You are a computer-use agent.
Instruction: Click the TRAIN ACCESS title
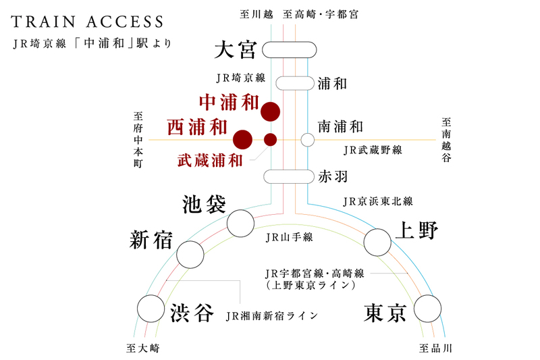87,22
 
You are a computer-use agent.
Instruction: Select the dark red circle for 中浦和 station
271,111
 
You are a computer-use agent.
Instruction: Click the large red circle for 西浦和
242,140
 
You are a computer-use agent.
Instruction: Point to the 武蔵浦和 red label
210,161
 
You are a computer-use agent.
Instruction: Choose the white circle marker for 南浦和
308,140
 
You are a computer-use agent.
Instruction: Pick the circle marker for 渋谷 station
151,309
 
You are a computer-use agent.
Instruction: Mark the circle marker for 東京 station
428,309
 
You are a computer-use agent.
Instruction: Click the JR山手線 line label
288,238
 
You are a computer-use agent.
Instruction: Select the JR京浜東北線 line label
377,201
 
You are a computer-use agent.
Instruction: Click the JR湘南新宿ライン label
272,315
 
